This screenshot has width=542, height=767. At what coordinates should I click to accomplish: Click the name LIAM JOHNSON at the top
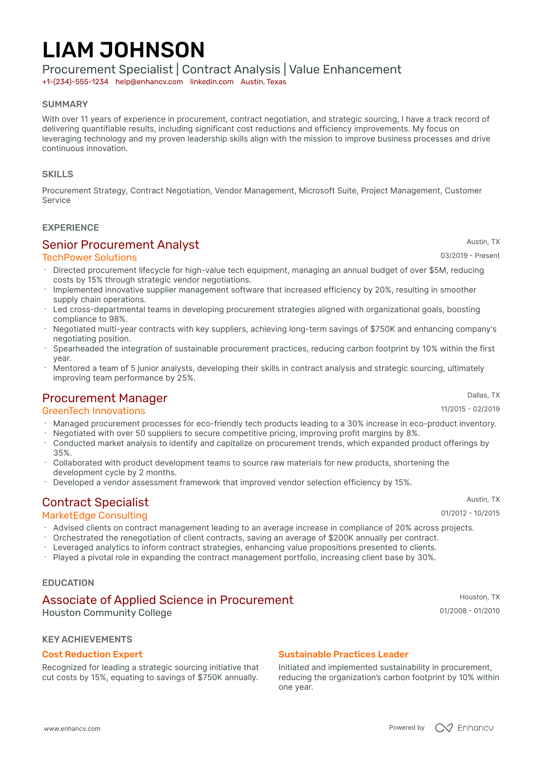pos(123,50)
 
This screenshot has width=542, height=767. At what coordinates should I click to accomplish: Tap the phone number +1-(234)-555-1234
pos(75,82)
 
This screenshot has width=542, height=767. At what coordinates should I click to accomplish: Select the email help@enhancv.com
pos(149,82)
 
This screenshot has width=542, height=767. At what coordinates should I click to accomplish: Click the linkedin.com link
pos(212,82)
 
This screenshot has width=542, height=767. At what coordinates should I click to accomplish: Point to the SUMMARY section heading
pos(65,104)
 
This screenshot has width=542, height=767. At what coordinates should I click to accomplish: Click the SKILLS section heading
pos(58,174)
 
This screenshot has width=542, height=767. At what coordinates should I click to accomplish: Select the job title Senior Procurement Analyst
pos(121,245)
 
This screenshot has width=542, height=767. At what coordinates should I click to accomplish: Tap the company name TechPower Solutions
pos(90,258)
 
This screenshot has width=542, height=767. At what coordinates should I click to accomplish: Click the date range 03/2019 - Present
pos(470,256)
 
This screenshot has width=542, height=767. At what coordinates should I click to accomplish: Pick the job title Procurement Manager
pos(105,398)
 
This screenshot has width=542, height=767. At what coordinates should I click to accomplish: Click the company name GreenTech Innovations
pos(94,411)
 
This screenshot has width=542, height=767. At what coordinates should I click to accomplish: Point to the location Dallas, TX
pos(483,395)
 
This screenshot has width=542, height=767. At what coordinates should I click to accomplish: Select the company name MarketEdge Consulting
pos(95,516)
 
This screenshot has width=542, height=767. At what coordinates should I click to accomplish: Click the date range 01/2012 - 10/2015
pos(470,513)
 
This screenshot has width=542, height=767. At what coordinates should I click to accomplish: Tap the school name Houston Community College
pos(107,613)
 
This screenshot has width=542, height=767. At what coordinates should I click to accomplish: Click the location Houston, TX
pos(479,597)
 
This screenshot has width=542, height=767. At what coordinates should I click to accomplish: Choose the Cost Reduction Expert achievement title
pos(92,654)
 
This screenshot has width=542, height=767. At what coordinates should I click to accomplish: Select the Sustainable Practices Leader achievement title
pos(343,654)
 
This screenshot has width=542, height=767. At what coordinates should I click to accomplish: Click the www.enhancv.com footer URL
pos(72,729)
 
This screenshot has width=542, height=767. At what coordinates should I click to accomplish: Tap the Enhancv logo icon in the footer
pos(444,728)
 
